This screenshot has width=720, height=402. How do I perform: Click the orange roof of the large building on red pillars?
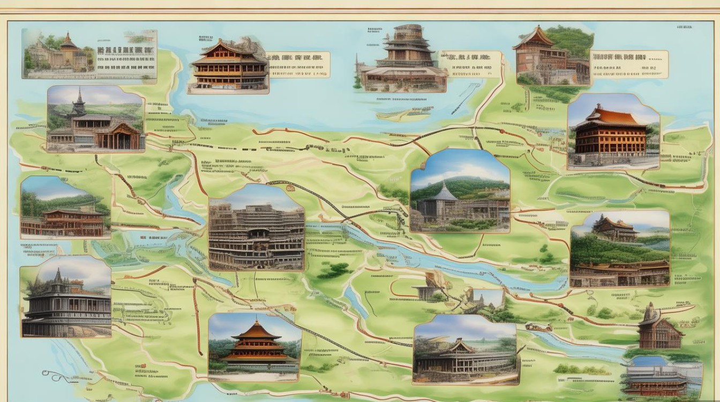pyautogui.click(x=612, y=117)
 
